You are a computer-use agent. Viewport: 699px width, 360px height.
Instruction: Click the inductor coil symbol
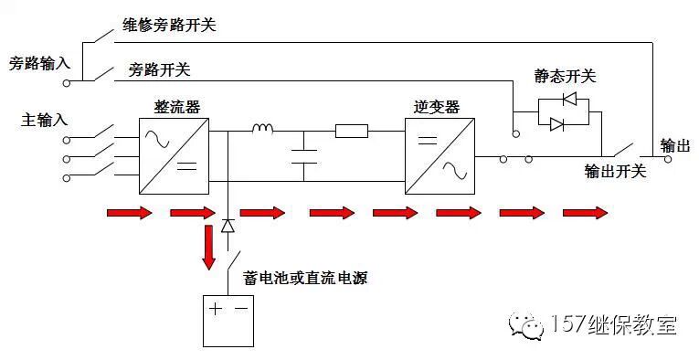click(263, 129)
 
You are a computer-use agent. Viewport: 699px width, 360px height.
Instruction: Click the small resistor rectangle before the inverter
click(352, 132)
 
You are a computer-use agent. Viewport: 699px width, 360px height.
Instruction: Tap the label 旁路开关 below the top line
click(159, 69)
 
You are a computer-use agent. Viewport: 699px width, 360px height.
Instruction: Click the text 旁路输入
click(38, 64)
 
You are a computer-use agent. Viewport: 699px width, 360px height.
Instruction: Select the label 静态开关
click(564, 73)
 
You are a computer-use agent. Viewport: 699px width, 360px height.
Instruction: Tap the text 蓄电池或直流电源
click(305, 279)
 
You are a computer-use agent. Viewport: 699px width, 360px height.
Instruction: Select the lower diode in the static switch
click(557, 124)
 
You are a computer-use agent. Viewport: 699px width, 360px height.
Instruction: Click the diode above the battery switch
click(228, 225)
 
